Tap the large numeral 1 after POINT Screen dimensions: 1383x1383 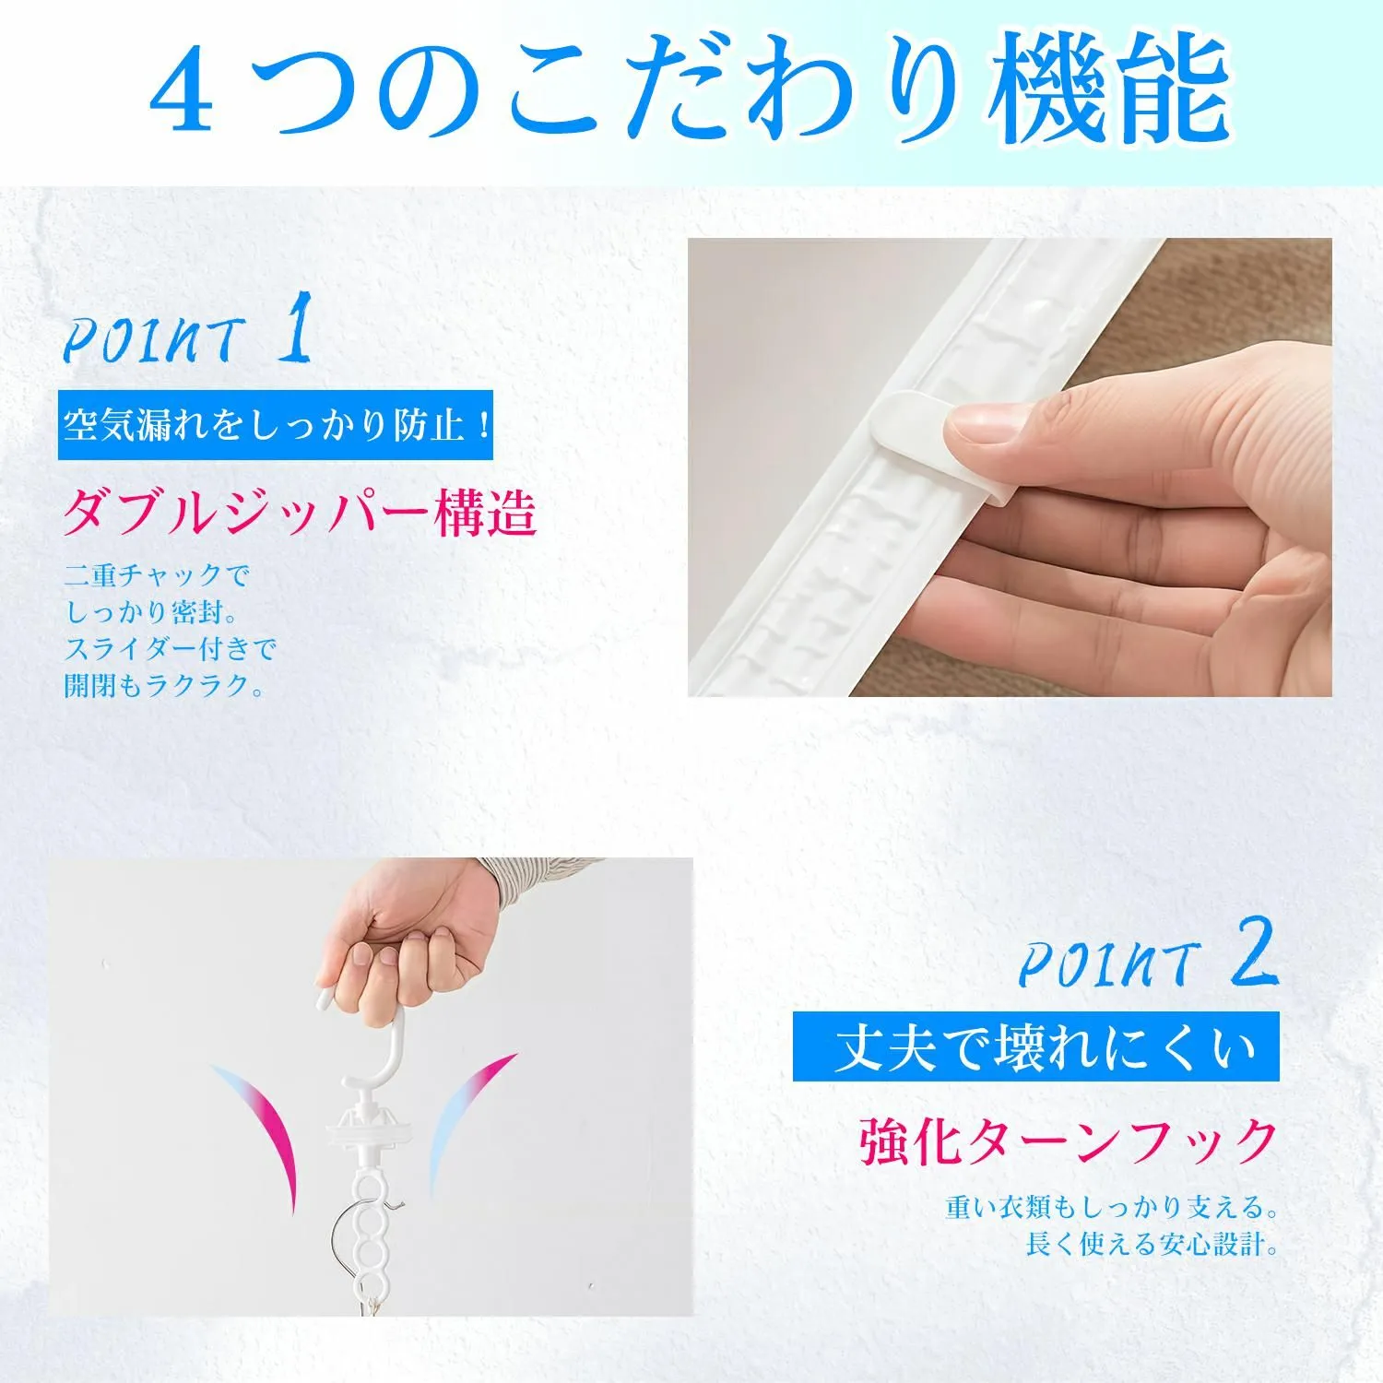[x=295, y=327]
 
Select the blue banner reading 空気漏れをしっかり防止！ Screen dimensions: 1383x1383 [x=276, y=425]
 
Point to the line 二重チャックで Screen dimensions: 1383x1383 [x=157, y=576]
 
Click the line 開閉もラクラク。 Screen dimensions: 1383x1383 [x=164, y=685]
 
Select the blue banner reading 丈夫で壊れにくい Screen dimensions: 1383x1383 [x=1036, y=1046]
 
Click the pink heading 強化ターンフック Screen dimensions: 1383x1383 [x=1069, y=1141]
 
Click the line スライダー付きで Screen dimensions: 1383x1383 [x=170, y=649]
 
